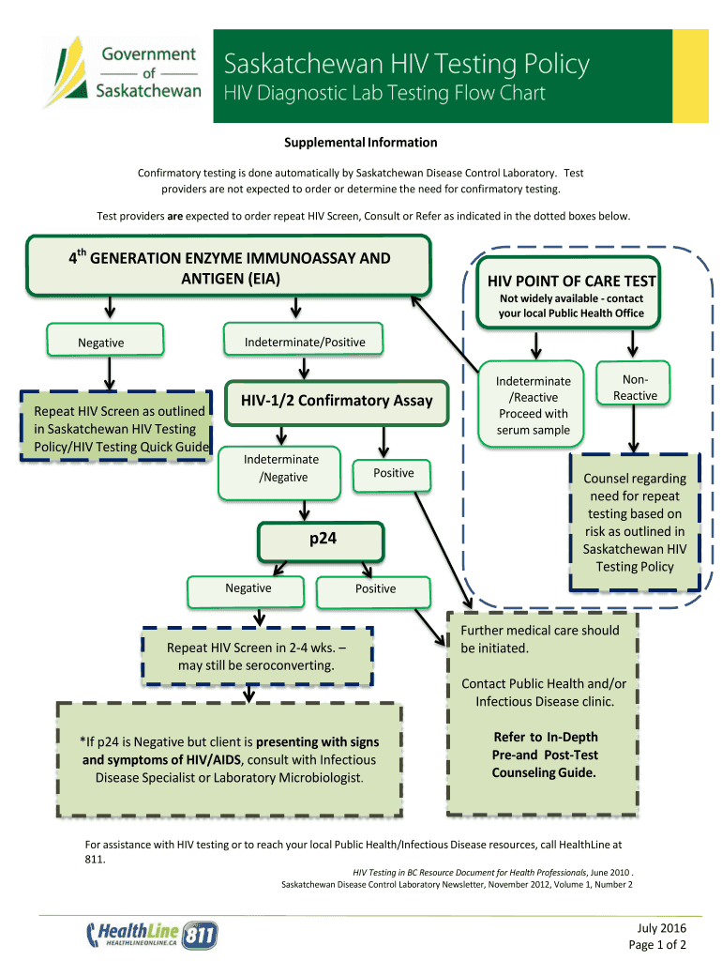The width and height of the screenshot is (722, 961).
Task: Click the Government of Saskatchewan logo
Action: pyautogui.click(x=124, y=70)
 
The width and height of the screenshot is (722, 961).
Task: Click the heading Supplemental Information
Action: pyautogui.click(x=361, y=143)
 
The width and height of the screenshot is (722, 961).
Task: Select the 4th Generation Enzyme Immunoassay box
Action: pyautogui.click(x=229, y=267)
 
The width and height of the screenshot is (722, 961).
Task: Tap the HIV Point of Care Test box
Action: pyautogui.click(x=571, y=292)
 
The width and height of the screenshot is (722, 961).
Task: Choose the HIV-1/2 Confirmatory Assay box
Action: pyautogui.click(x=337, y=401)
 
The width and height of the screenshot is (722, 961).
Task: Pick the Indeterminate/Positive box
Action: pyautogui.click(x=305, y=342)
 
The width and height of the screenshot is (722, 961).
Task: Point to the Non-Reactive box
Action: pyautogui.click(x=635, y=388)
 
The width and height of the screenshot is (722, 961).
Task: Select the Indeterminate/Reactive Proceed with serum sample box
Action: pyautogui.click(x=533, y=405)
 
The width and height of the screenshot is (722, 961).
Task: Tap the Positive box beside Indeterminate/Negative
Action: pyautogui.click(x=393, y=474)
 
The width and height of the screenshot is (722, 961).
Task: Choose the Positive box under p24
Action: pyautogui.click(x=375, y=589)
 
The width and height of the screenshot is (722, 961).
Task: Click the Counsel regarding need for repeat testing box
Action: pyautogui.click(x=635, y=522)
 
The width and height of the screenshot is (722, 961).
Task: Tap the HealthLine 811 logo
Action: pyautogui.click(x=152, y=934)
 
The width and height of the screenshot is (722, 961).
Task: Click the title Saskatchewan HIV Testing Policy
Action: pyautogui.click(x=406, y=65)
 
